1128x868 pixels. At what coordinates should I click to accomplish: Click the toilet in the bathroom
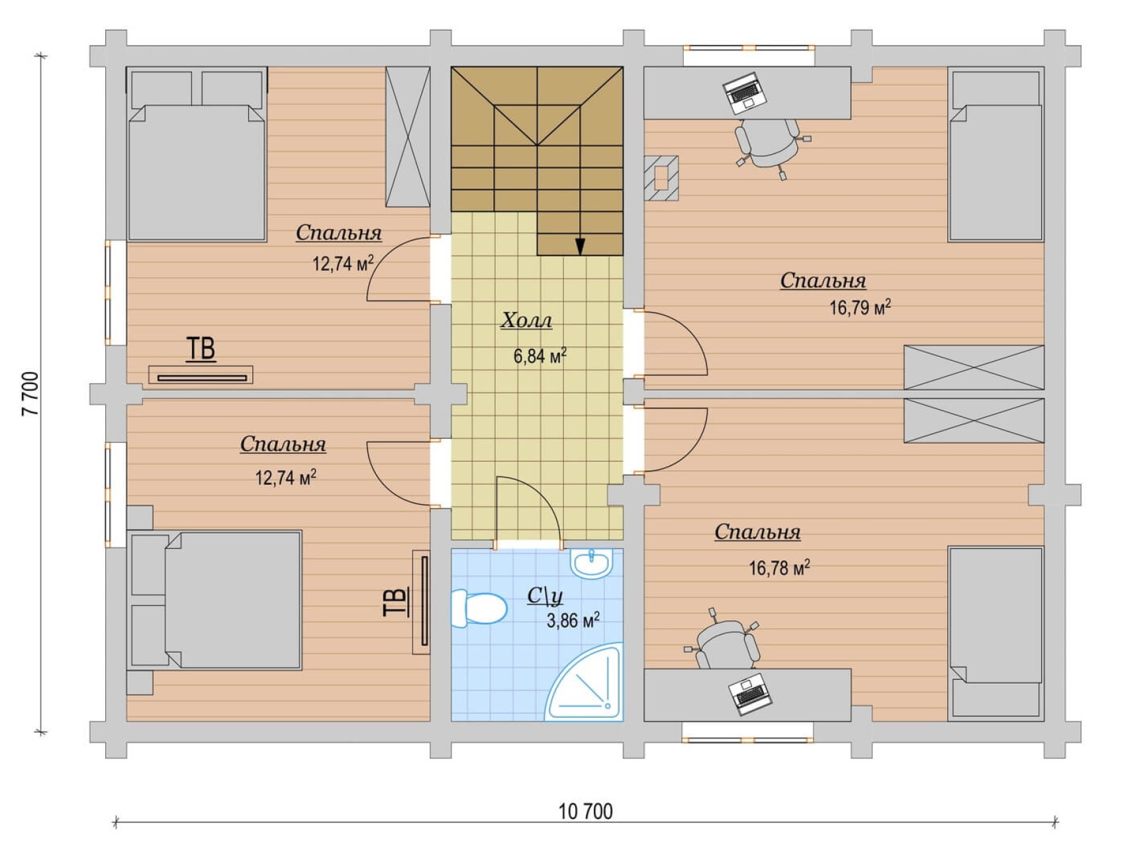point(478,608)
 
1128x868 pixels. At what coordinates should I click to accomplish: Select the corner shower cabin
point(586,681)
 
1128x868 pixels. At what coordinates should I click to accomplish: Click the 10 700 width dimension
point(586,811)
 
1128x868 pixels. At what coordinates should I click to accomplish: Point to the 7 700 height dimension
point(30,393)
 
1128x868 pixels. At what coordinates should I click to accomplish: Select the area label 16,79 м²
point(860,308)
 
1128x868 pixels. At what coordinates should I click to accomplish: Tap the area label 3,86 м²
point(573,620)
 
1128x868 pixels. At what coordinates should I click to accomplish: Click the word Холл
point(526,320)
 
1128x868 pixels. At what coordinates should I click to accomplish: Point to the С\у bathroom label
point(545,596)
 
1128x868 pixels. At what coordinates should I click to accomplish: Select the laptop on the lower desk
point(750,694)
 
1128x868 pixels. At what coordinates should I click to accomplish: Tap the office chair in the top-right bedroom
point(770,146)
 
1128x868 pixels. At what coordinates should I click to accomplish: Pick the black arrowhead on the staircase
point(581,246)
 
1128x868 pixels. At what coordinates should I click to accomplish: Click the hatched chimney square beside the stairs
point(661,177)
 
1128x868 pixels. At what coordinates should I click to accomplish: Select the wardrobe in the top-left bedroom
point(408,137)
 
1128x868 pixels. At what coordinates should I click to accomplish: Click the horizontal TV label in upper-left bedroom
point(201,349)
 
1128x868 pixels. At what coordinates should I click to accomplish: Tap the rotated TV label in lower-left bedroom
point(396,603)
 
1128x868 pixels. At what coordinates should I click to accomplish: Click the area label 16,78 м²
point(779,568)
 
